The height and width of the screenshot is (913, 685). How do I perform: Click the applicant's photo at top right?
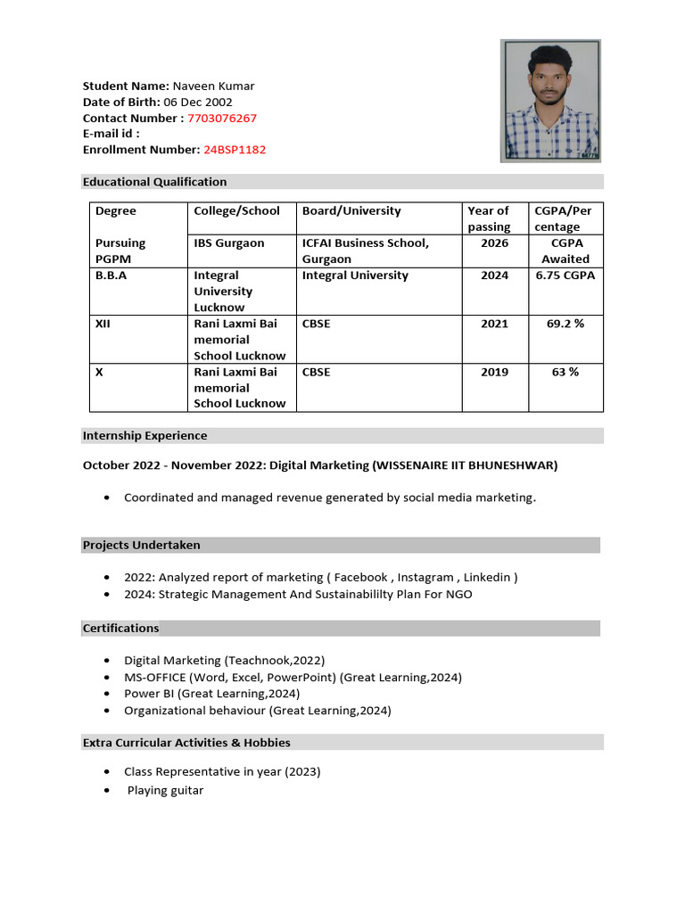click(x=550, y=101)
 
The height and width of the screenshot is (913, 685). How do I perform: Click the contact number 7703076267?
click(x=222, y=118)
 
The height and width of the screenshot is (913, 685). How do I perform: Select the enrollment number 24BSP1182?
click(x=235, y=150)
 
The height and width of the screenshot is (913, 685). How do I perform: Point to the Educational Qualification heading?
click(x=154, y=182)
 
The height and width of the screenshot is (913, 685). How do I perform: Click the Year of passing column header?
click(x=489, y=218)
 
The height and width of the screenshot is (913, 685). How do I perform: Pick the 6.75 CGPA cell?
click(x=565, y=276)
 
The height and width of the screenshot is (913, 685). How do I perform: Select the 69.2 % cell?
click(x=565, y=324)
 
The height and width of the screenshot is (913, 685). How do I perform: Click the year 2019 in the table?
click(x=494, y=372)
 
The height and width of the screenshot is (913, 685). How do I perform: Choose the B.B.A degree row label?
click(x=111, y=276)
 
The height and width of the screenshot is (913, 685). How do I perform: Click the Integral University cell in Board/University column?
click(x=355, y=276)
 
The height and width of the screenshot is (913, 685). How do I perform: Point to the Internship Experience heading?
click(x=144, y=436)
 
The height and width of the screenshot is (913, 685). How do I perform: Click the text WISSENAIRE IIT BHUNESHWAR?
click(x=465, y=465)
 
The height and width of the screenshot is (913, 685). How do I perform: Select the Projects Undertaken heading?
click(x=141, y=545)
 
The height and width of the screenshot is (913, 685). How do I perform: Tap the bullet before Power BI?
click(x=106, y=694)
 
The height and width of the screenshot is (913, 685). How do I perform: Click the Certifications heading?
click(x=120, y=628)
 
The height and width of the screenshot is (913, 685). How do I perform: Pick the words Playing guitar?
click(x=165, y=790)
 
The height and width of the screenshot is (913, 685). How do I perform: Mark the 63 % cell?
click(x=565, y=372)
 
